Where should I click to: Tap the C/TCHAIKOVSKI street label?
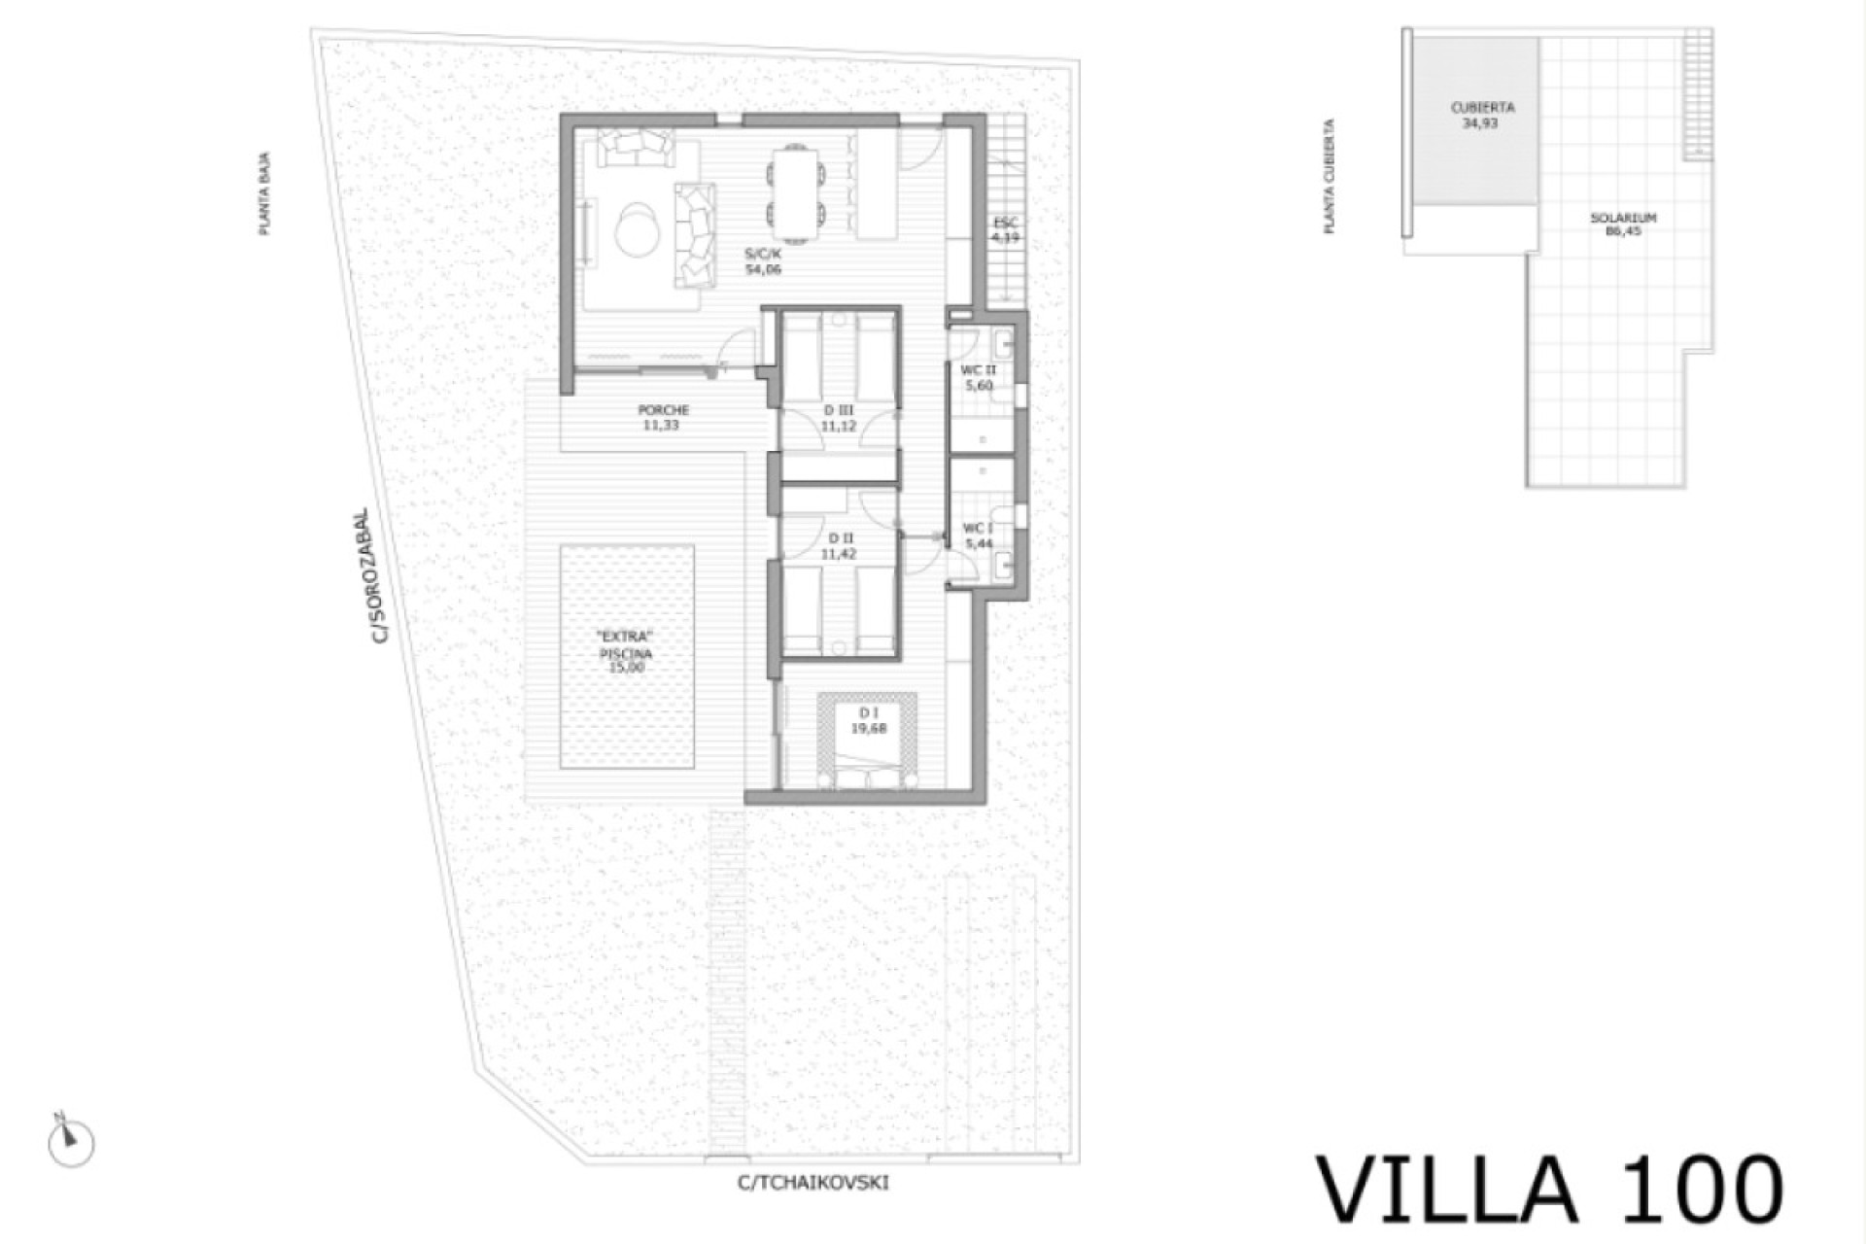point(812,1183)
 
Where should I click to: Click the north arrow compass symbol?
point(70,1141)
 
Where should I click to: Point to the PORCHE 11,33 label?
point(664,418)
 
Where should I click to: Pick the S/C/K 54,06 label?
point(763,261)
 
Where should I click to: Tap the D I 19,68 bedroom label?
point(868,720)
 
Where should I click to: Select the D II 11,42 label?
point(839,546)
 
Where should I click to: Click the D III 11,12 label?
point(839,419)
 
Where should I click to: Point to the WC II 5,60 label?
point(978,378)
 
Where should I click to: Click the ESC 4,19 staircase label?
point(1006,230)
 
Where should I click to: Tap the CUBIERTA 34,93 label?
point(1481,116)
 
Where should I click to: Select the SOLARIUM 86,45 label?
point(1623,225)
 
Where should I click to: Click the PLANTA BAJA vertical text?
point(264,193)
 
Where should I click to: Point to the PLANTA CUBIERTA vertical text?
point(1329,177)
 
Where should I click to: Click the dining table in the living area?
point(795,193)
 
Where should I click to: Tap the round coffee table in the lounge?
point(639,228)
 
